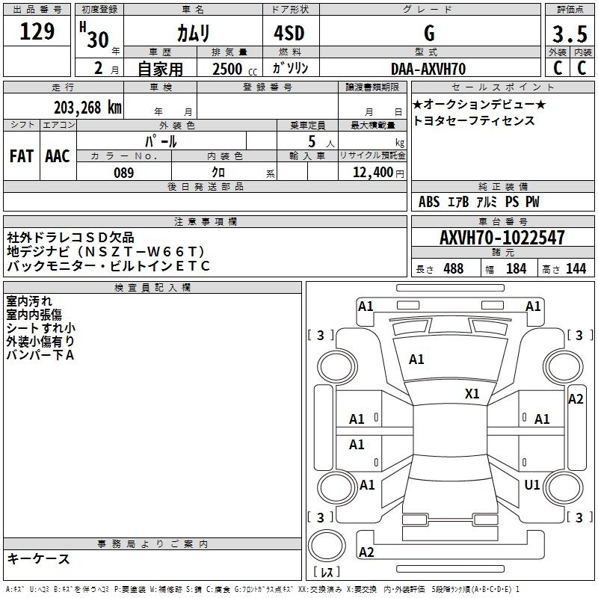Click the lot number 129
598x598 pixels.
(x=37, y=32)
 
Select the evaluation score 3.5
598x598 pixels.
(x=570, y=34)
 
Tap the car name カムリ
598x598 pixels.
(x=194, y=33)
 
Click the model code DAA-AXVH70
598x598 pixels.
(x=428, y=69)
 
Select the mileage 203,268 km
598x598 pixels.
(x=87, y=108)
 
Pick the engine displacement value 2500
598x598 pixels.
(x=227, y=69)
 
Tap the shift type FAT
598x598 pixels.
(x=21, y=156)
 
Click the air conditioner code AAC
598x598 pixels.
(x=58, y=156)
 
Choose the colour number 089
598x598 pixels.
(x=123, y=173)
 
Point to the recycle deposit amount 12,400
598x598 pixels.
(x=372, y=173)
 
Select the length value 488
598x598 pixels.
(x=453, y=269)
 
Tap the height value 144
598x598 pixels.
(x=576, y=269)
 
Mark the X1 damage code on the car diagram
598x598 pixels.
(x=472, y=394)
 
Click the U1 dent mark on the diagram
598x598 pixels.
(x=531, y=485)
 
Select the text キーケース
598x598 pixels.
(x=38, y=558)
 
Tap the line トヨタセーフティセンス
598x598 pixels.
(x=474, y=120)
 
